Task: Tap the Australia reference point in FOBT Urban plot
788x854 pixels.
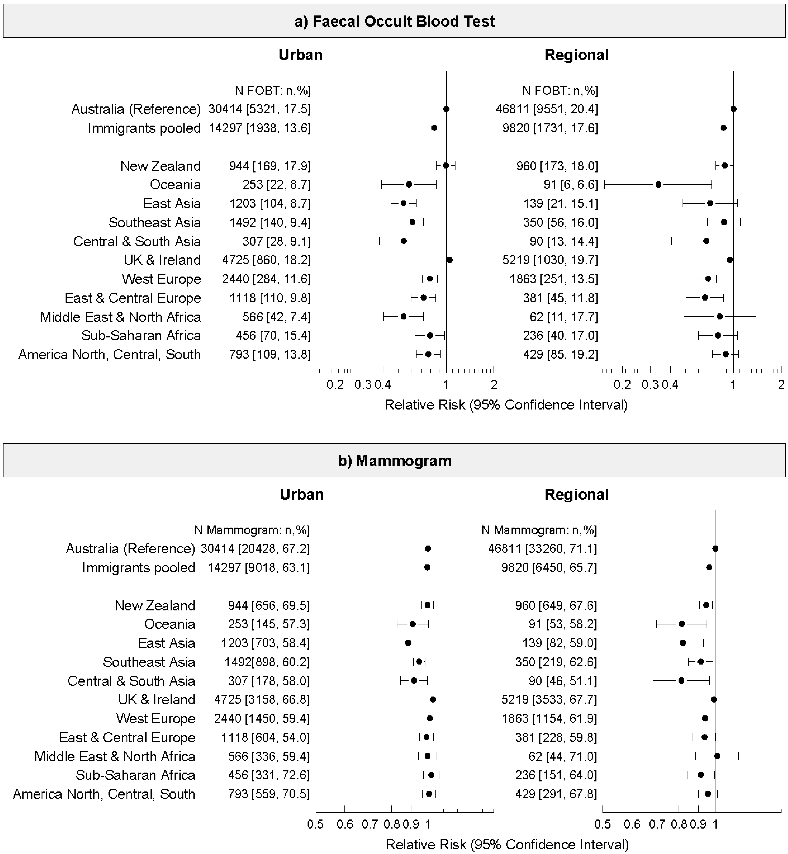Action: (446, 109)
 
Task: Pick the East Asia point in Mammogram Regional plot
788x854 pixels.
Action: (683, 643)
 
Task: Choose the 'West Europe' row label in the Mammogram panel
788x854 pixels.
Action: (156, 718)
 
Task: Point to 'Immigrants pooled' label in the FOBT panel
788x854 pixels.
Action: (144, 128)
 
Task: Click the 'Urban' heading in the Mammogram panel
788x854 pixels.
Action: (301, 494)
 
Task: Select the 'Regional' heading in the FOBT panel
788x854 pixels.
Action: (576, 55)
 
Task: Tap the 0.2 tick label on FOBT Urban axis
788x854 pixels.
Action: (335, 385)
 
